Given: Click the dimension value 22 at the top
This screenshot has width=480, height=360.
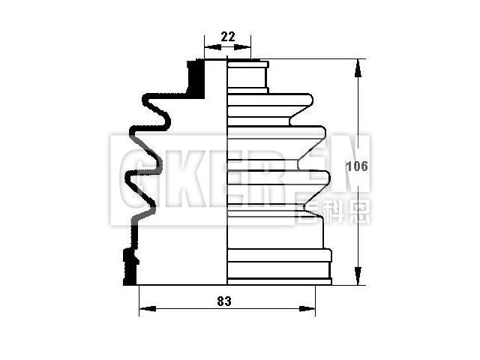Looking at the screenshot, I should tap(227, 36).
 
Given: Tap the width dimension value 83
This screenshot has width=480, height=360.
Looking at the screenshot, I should tap(223, 301).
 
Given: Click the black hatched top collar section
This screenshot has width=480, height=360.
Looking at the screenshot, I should tap(196, 77).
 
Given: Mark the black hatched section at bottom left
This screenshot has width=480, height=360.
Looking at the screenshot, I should tap(130, 266).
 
